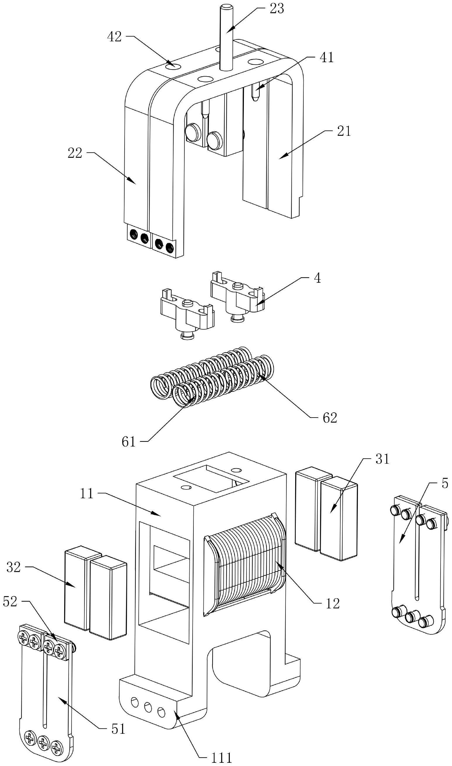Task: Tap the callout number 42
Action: (114, 37)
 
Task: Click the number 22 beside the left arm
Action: (75, 153)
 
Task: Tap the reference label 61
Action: (128, 441)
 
